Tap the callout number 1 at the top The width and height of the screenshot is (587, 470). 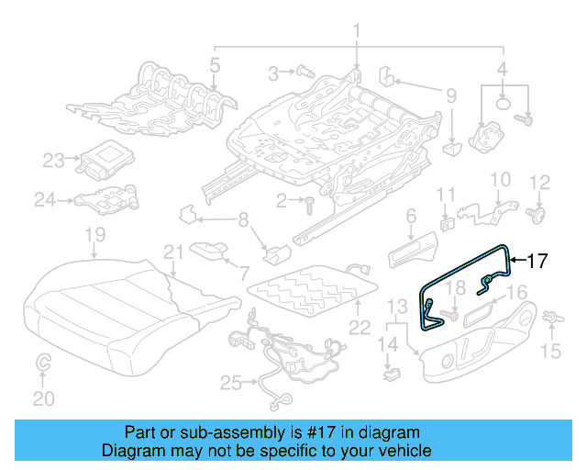pos(356,33)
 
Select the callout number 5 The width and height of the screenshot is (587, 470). pos(214,65)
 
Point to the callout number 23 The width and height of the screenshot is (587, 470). pos(53,160)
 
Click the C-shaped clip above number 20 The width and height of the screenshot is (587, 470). pos(42,365)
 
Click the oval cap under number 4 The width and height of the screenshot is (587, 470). pos(504,104)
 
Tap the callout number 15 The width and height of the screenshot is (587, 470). pos(550,351)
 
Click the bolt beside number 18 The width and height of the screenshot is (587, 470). pos(445,315)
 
